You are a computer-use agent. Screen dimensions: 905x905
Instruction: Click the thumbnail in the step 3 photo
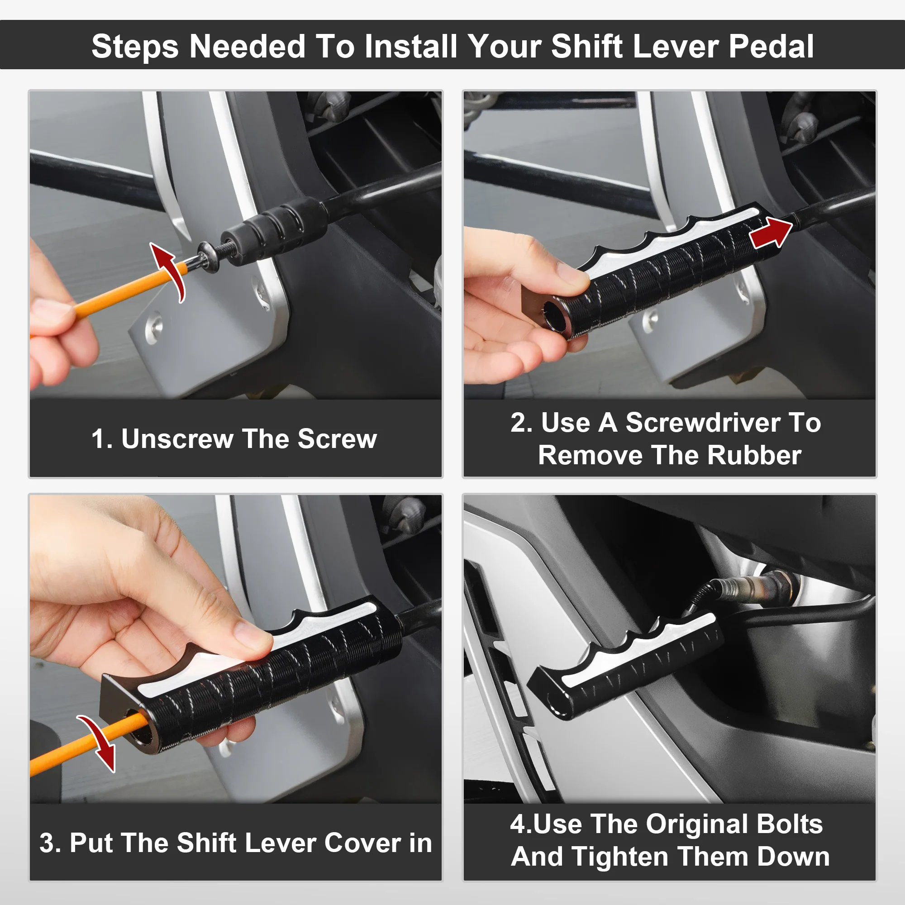point(251,635)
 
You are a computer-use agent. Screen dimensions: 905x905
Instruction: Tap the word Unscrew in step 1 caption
point(177,439)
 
